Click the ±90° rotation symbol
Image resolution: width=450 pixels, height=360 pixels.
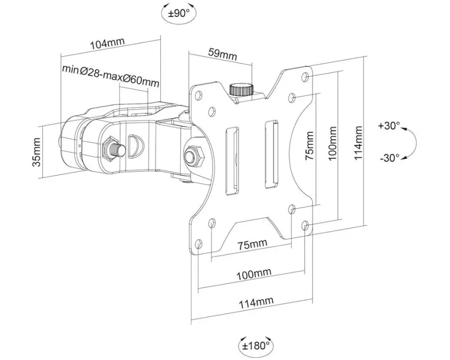point(179,13)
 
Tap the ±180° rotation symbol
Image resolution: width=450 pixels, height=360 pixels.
point(256,346)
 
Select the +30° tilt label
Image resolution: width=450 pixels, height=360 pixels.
point(389,126)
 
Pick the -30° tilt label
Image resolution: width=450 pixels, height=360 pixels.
point(390,158)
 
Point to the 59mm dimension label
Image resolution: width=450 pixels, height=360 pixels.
point(223,54)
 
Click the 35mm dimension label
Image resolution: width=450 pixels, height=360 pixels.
point(37,152)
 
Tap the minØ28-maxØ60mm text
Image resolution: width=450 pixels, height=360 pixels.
point(111,76)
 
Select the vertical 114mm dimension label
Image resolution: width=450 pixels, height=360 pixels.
point(358,143)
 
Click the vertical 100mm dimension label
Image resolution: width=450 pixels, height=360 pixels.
point(332,143)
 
